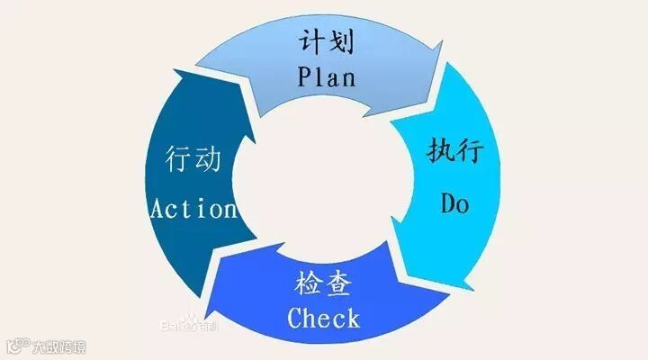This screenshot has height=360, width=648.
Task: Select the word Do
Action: pyautogui.click(x=455, y=203)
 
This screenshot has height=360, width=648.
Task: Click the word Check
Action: pyautogui.click(x=324, y=318)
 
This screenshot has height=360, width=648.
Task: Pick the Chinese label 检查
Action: pyautogui.click(x=322, y=284)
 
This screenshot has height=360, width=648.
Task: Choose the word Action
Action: pyautogui.click(x=193, y=210)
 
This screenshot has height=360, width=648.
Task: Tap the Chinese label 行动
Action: pyautogui.click(x=193, y=160)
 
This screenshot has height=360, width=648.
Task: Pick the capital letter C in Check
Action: pyautogui.click(x=296, y=318)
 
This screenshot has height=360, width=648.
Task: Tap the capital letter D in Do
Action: pyautogui.click(x=449, y=203)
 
